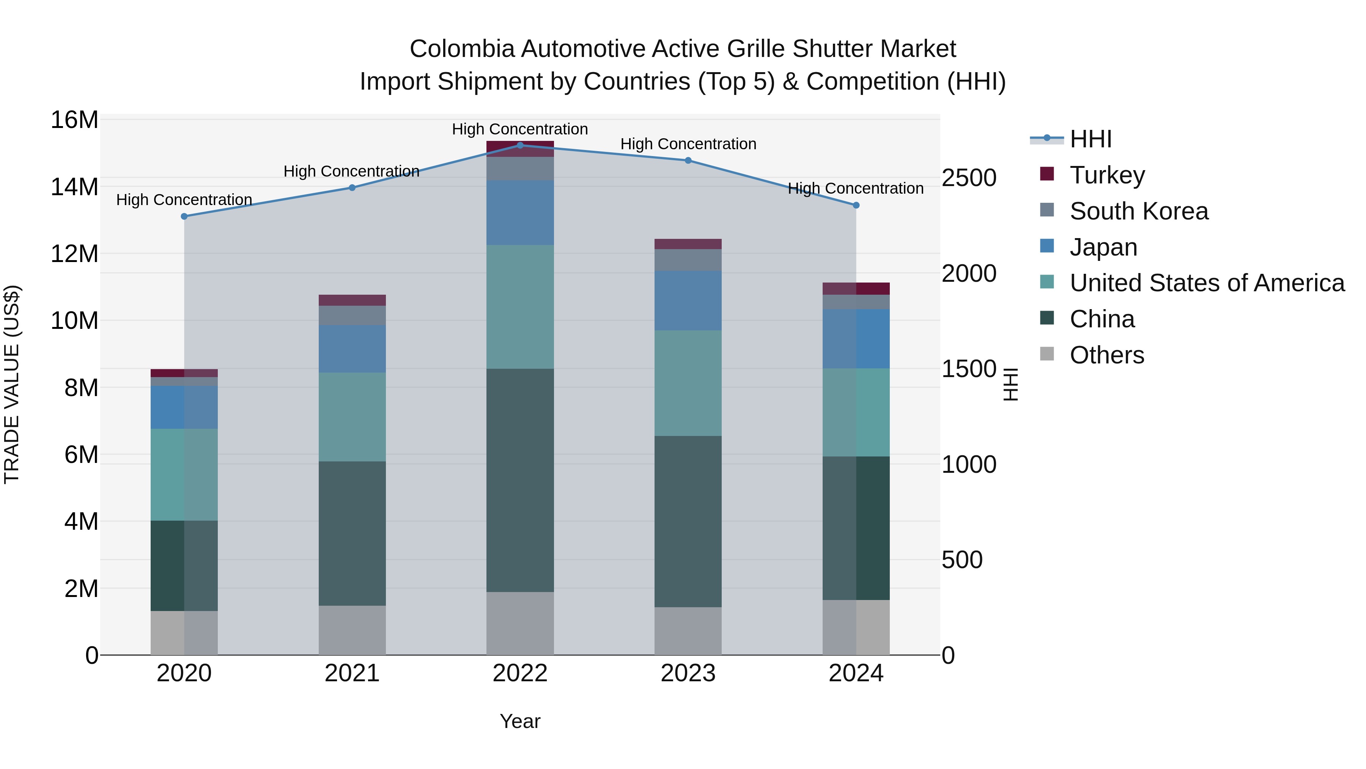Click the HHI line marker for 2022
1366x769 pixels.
pos(520,145)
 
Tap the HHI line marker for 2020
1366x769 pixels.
pos(184,216)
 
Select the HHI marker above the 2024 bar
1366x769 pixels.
pos(856,205)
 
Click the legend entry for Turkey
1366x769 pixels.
pos(1107,175)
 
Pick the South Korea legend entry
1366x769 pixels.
pos(1138,211)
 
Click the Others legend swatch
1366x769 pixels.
pos(1047,354)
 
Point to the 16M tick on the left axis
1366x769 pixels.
pos(74,120)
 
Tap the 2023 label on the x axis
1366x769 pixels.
pos(688,673)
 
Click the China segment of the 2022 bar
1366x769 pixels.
pos(520,480)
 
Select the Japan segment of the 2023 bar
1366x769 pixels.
pos(688,300)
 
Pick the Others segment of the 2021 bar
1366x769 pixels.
pos(352,630)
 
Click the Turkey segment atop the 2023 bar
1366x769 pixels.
pos(688,243)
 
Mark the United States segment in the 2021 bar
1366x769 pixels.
pos(352,417)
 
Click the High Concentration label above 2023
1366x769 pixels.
pos(688,144)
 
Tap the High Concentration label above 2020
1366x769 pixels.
pos(184,199)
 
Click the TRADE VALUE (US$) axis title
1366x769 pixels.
pos(12,384)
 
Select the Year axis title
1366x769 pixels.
pos(520,721)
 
